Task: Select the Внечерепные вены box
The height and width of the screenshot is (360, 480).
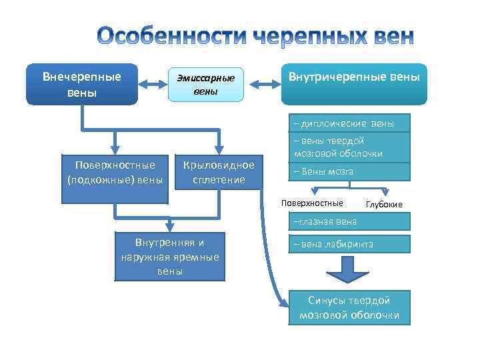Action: [x=81, y=84]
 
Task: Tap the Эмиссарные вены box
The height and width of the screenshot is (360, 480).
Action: [x=205, y=85]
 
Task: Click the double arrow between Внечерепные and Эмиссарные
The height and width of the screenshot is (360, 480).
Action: [x=153, y=85]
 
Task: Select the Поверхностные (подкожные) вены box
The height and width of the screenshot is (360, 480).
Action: [x=115, y=172]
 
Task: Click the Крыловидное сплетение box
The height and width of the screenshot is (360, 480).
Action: [x=219, y=172]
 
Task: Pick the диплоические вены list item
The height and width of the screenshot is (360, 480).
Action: [x=350, y=123]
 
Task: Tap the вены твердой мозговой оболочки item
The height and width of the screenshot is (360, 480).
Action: [x=350, y=147]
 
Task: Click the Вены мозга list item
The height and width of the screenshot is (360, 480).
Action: [x=350, y=171]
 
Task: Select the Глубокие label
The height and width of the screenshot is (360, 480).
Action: [x=385, y=204]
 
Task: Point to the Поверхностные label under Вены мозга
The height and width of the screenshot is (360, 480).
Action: [x=313, y=203]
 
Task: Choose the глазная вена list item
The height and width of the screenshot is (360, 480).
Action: [x=350, y=221]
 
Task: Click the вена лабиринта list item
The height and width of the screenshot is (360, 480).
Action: [x=350, y=244]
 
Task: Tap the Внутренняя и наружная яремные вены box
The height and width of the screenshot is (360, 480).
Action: [x=170, y=255]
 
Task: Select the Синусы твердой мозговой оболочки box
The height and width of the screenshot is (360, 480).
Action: [x=349, y=307]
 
